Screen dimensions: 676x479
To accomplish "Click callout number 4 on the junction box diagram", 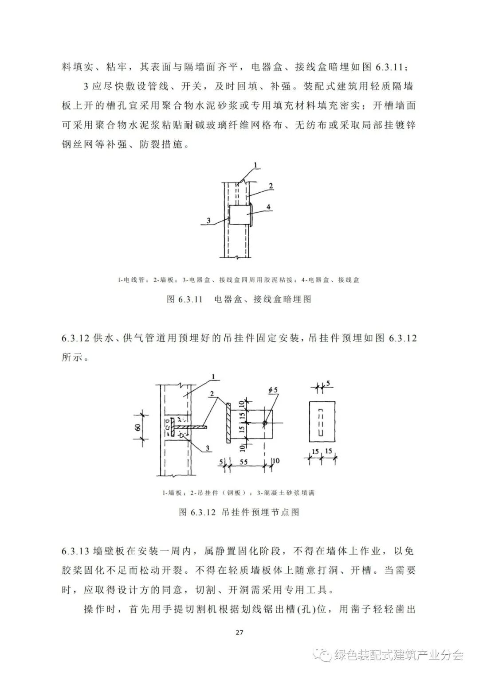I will pyautogui.click(x=269, y=206).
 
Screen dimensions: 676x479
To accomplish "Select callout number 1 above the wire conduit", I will pyautogui.click(x=256, y=165).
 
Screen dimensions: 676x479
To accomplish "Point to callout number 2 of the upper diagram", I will pyautogui.click(x=270, y=186).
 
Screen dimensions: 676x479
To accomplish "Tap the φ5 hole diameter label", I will pyautogui.click(x=273, y=390).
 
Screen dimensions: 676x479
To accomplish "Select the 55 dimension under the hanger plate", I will pyautogui.click(x=243, y=462).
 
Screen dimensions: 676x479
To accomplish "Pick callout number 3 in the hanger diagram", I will pyautogui.click(x=207, y=449).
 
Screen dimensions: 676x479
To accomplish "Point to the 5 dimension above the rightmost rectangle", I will pyautogui.click(x=328, y=382).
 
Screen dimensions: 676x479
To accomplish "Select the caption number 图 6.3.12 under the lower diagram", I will pyautogui.click(x=197, y=512).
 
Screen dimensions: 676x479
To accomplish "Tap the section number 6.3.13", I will pyautogui.click(x=76, y=552).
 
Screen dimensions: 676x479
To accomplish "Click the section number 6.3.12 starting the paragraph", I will pyautogui.click(x=76, y=338).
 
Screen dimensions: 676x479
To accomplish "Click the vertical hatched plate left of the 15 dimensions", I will pyautogui.click(x=228, y=423).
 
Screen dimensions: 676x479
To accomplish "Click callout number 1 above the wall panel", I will pyautogui.click(x=213, y=377).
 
